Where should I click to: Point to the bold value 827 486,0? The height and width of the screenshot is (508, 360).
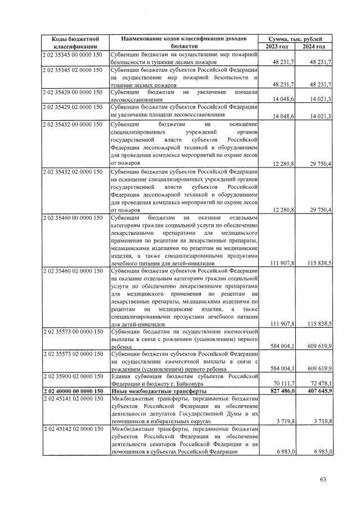coord(282,390)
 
